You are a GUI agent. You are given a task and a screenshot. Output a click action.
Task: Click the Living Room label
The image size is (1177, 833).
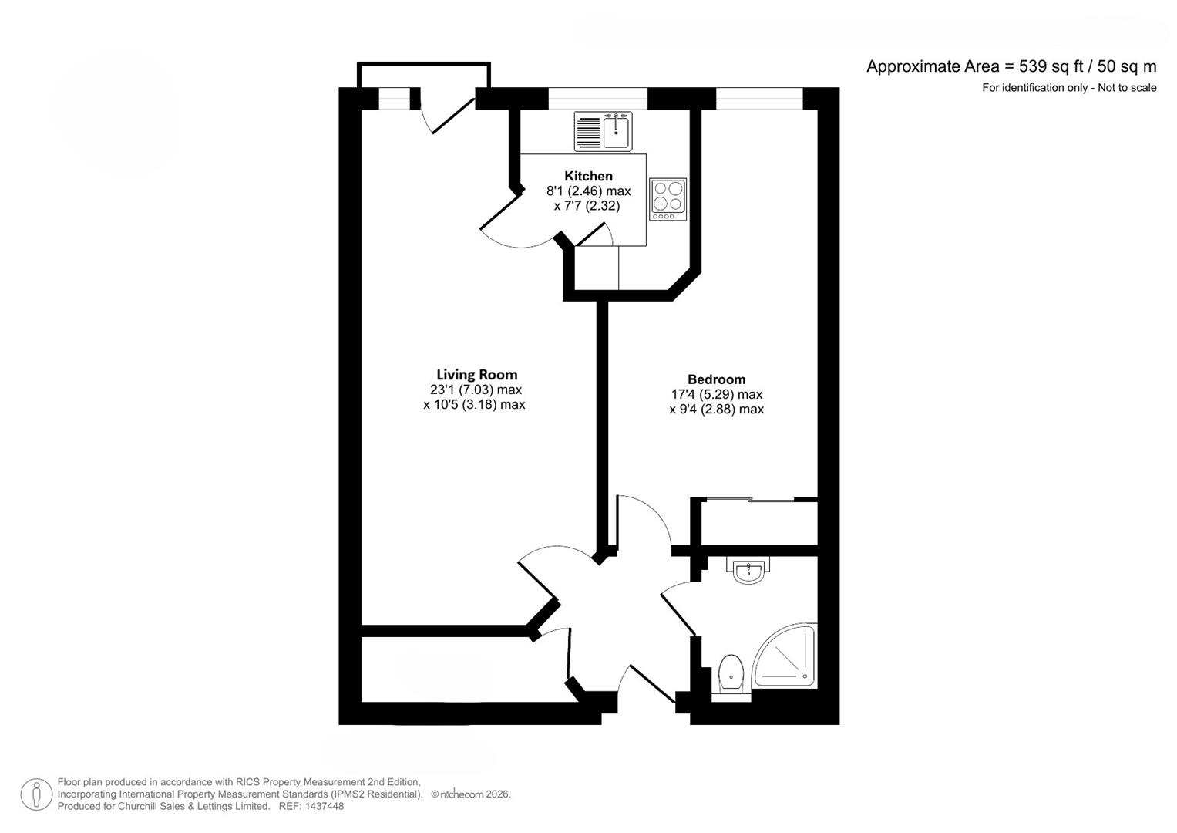(476, 375)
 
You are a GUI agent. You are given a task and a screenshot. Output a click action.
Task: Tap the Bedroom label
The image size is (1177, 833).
(716, 379)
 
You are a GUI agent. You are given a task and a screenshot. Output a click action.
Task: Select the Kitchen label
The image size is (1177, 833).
(588, 176)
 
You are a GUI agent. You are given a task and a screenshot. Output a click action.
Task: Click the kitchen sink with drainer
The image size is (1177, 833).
(603, 131)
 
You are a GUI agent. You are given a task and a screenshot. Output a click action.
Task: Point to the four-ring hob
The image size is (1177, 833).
(668, 198)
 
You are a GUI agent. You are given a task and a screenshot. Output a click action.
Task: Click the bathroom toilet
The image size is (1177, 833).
(730, 673)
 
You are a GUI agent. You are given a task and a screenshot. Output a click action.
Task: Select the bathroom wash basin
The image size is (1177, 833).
(747, 571)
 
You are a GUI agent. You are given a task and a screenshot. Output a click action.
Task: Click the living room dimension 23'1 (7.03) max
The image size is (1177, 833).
(476, 390)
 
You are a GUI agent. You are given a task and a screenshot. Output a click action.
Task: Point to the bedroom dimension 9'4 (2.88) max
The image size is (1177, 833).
(716, 409)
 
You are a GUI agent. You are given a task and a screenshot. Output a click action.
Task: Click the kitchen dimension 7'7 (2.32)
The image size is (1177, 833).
(587, 206)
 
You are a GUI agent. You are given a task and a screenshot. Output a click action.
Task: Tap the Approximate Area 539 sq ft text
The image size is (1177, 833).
(1011, 66)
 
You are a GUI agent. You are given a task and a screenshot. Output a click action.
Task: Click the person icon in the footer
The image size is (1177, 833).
(36, 794)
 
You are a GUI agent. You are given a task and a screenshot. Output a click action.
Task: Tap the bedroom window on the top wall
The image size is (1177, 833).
(759, 99)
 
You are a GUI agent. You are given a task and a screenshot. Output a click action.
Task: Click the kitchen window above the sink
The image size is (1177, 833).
(597, 99)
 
